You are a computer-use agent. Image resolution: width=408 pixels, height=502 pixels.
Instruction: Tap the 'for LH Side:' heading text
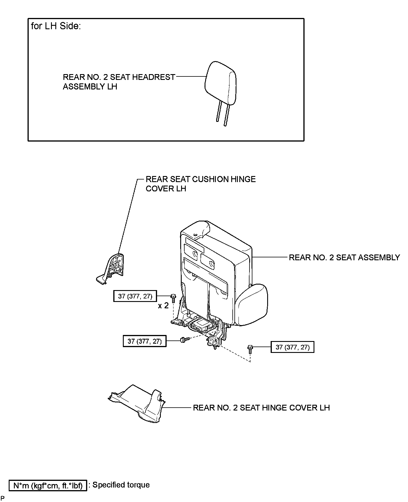(56, 26)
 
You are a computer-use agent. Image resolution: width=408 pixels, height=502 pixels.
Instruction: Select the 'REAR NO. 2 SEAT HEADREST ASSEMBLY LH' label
(119, 82)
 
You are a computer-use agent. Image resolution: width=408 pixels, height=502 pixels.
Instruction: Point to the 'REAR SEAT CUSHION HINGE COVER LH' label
(201, 184)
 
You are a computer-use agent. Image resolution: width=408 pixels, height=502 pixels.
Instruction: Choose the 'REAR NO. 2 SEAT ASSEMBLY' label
(344, 257)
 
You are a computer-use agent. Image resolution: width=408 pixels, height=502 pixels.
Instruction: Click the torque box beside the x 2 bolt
(135, 296)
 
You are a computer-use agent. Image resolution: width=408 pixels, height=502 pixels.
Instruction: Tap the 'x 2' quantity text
(163, 306)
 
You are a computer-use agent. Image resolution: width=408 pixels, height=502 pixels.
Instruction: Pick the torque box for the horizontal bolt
(145, 341)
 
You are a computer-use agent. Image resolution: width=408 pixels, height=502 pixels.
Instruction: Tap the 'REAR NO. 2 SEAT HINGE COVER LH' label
(261, 408)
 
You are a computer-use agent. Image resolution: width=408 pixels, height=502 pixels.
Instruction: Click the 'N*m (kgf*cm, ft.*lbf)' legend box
(48, 485)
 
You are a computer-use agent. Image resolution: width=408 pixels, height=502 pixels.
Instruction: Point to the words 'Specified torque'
(121, 485)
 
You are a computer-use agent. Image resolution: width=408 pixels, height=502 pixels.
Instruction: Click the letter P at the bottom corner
(2, 498)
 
